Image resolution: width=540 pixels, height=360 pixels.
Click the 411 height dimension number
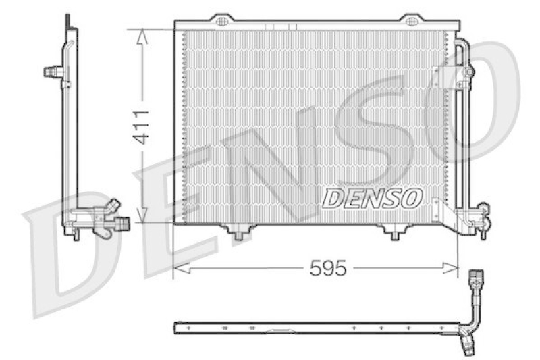[141, 126]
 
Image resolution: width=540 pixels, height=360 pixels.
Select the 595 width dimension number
[327, 269]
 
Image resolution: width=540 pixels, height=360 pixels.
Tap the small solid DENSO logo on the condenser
[372, 198]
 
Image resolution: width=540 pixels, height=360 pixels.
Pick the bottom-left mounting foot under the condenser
[237, 232]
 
